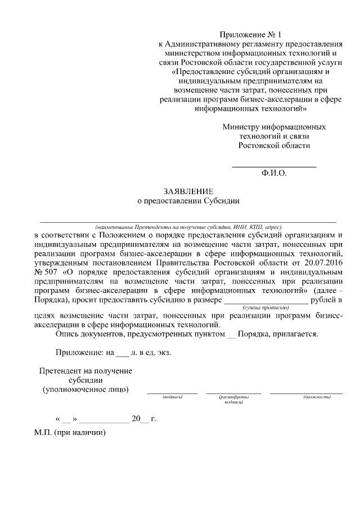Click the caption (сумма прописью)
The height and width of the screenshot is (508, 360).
(267, 308)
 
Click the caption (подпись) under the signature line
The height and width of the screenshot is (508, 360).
(172, 397)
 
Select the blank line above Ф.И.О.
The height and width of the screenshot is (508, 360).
(274, 167)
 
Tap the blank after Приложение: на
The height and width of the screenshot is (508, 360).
(122, 355)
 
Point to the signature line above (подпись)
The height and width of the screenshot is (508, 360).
(172, 393)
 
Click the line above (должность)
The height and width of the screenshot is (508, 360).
(306, 393)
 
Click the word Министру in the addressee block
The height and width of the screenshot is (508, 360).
(240, 127)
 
